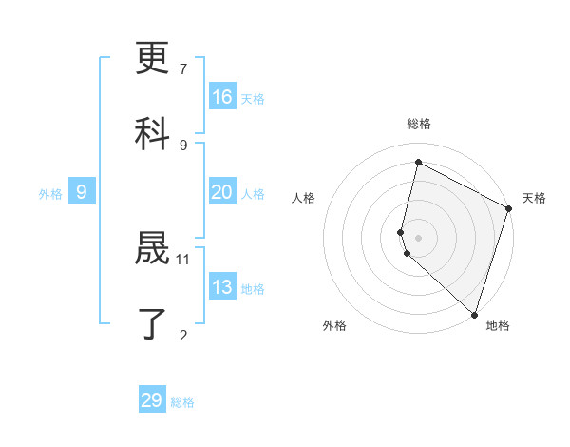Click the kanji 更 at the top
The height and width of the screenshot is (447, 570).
click(x=153, y=60)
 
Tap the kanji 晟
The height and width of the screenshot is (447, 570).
click(x=153, y=250)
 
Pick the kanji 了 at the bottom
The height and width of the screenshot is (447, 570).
click(x=153, y=323)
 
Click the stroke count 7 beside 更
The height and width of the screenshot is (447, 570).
click(x=183, y=69)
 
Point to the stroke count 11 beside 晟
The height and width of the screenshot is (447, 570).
click(x=183, y=259)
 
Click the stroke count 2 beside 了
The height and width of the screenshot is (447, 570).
click(x=183, y=334)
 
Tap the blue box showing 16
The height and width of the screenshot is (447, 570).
click(x=222, y=97)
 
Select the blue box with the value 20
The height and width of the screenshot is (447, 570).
click(x=222, y=192)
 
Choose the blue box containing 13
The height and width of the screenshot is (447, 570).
click(x=222, y=287)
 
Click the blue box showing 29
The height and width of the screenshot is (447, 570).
click(x=152, y=400)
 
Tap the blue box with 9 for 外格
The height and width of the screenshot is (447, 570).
click(x=82, y=192)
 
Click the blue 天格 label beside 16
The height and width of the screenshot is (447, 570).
click(x=253, y=99)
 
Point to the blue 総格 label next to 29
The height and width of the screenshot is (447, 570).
click(x=182, y=402)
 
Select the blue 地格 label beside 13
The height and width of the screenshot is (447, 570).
click(x=253, y=289)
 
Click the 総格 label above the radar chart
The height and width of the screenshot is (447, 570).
click(x=419, y=124)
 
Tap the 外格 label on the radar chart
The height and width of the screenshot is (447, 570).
click(x=334, y=325)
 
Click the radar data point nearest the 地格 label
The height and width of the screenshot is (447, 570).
click(x=473, y=314)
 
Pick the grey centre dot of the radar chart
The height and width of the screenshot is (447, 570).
click(x=419, y=236)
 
